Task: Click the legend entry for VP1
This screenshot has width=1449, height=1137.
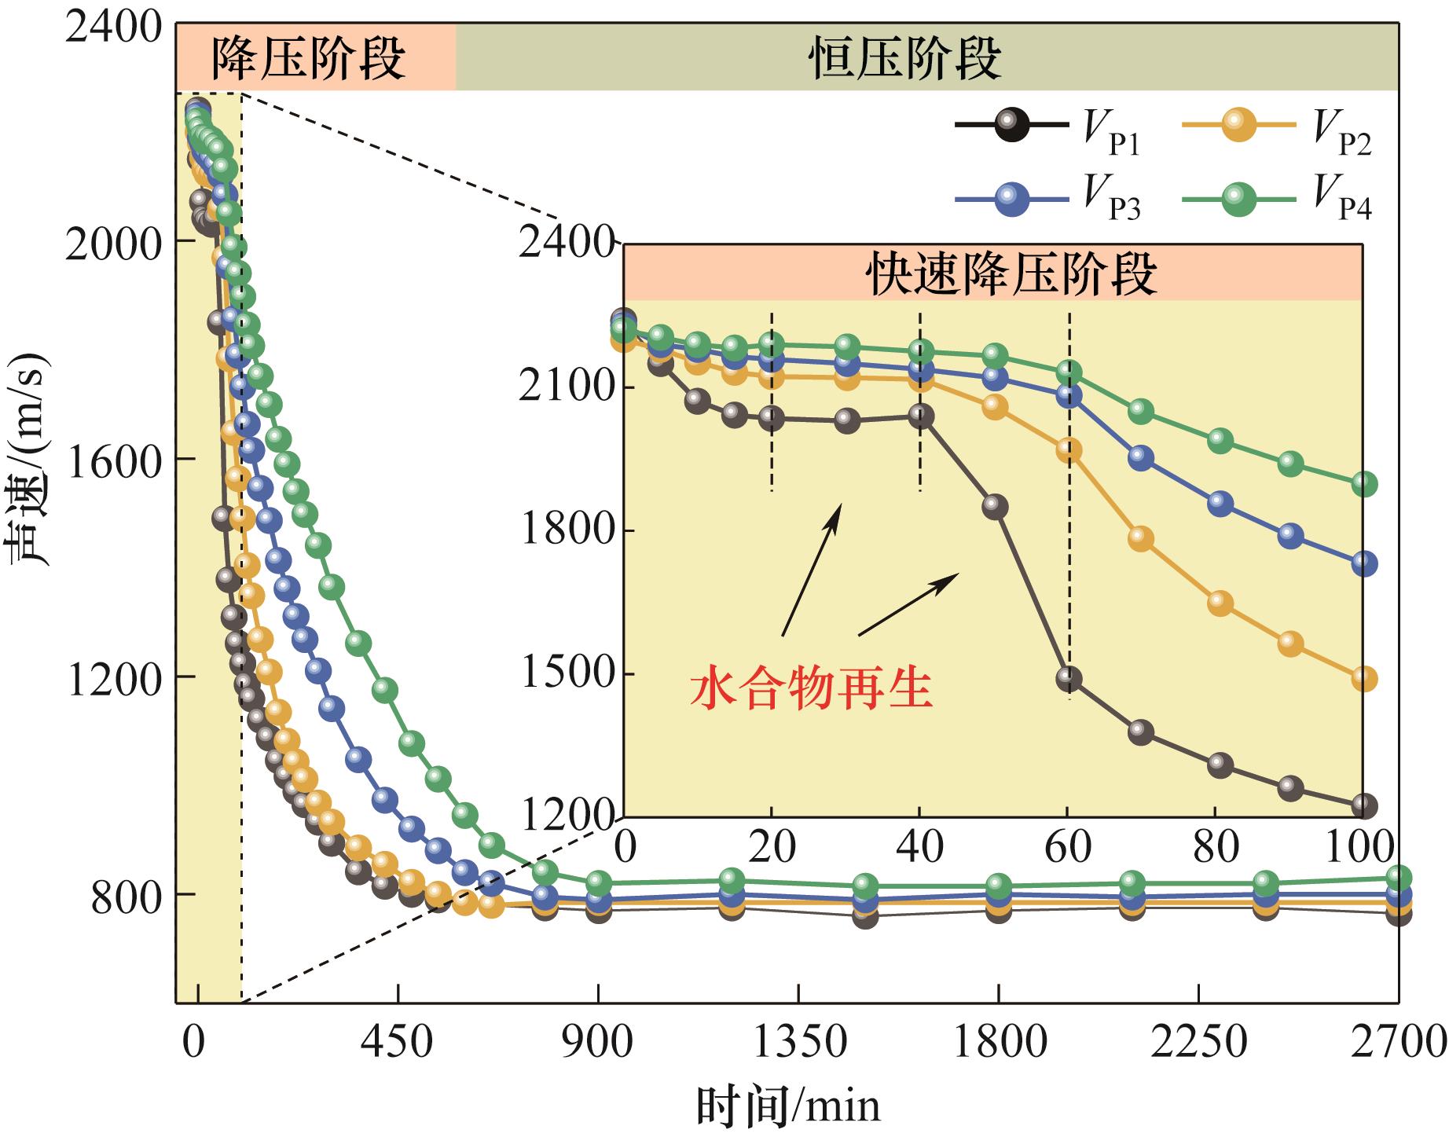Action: pos(1011,126)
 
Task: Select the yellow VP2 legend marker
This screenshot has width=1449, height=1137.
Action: pos(1237,124)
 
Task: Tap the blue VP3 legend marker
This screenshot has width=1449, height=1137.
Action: pos(1011,198)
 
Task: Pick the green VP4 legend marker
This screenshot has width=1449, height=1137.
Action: pos(1237,198)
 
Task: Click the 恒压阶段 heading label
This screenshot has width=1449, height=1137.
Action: pos(904,58)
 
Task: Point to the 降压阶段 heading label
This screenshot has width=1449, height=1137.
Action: pos(308,58)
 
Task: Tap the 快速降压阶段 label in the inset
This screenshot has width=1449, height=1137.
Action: pos(1011,274)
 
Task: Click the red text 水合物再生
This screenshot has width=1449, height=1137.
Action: pos(811,689)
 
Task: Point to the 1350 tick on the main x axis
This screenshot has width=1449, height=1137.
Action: pos(800,1043)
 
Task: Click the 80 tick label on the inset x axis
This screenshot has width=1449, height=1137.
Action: pos(1216,847)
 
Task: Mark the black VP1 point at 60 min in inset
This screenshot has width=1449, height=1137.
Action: pos(1068,678)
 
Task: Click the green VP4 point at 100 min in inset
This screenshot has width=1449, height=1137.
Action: pos(1364,484)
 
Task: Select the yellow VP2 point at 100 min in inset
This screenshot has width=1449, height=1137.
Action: pos(1364,679)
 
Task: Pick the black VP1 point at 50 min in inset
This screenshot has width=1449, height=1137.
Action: pos(994,506)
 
